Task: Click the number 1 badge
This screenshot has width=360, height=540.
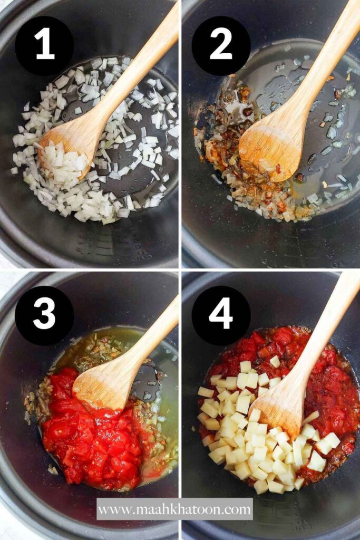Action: coord(44,45)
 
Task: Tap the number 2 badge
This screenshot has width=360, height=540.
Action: coord(221,45)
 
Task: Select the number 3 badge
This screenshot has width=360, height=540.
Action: coord(44,315)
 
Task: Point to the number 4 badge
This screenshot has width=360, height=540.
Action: coord(221,315)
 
